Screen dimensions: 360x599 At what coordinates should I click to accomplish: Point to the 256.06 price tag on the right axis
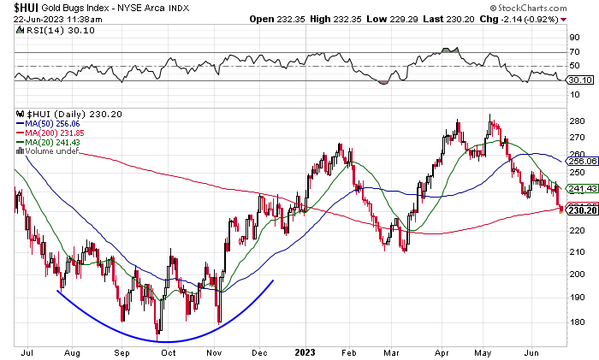(x=581, y=161)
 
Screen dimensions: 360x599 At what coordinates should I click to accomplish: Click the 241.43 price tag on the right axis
(x=581, y=189)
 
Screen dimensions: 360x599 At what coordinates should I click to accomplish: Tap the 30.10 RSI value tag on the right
(x=579, y=80)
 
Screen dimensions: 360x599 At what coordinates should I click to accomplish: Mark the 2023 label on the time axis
(x=304, y=351)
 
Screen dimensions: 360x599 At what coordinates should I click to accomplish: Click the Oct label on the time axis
(x=168, y=351)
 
